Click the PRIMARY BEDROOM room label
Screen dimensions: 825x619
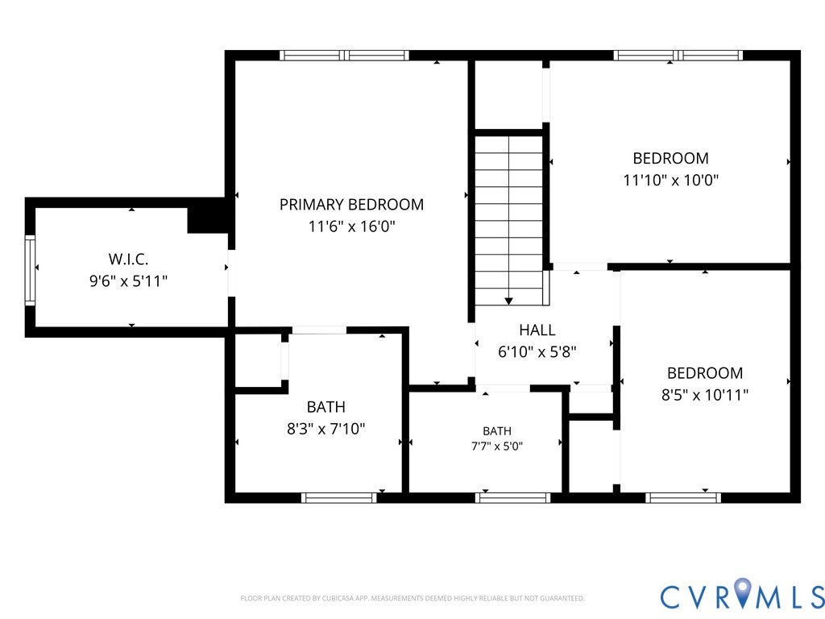(x=351, y=204)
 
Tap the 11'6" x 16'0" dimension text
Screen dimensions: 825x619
(x=351, y=226)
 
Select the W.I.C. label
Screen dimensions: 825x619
(x=128, y=259)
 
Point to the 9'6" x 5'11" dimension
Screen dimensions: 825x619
(x=128, y=281)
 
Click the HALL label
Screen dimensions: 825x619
(x=537, y=330)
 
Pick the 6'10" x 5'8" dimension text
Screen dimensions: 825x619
(x=537, y=351)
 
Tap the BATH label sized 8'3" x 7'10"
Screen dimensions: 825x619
(x=326, y=407)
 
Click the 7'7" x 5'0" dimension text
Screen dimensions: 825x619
(x=496, y=447)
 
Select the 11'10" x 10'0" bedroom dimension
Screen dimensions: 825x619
(x=671, y=180)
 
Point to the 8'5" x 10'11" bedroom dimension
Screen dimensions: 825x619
(x=705, y=395)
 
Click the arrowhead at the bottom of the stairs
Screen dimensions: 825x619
(x=508, y=301)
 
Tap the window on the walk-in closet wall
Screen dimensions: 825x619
(x=30, y=271)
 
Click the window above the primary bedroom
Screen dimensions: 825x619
(x=344, y=56)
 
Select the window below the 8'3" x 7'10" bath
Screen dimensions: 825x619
(x=339, y=498)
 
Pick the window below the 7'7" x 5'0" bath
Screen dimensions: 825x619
(x=513, y=498)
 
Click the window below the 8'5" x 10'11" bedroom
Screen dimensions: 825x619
(x=683, y=498)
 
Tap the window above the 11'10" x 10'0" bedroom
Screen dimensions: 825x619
(x=678, y=56)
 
